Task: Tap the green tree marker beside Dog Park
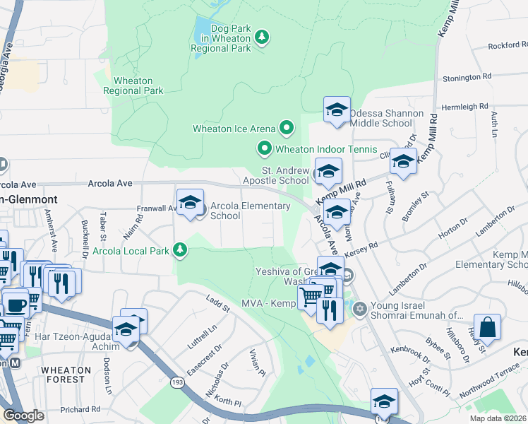point(262,36)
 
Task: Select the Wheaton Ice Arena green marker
point(286,128)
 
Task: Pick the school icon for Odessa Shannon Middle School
point(337,110)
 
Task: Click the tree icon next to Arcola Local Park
point(181,249)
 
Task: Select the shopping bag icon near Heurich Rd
point(486,327)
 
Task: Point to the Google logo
point(23,416)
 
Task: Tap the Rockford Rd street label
point(508,46)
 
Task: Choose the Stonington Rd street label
point(467,76)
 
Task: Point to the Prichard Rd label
point(80,409)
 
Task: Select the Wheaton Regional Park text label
point(133,86)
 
